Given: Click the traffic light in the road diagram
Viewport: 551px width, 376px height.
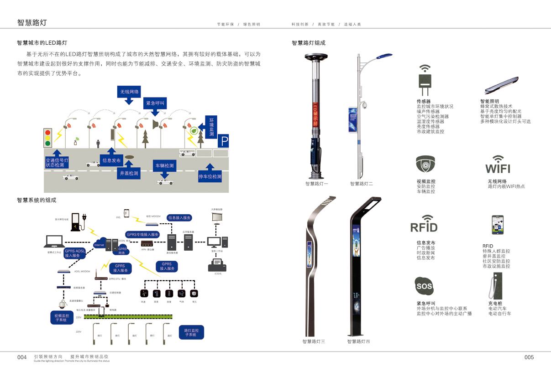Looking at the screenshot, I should (47, 137).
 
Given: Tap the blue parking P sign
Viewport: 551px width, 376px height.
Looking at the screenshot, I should (223, 141).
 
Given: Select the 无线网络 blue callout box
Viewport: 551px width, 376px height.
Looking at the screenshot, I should (130, 92).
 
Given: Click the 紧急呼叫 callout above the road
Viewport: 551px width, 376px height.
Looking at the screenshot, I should (155, 103).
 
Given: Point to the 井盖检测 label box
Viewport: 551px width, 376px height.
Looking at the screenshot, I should (129, 173).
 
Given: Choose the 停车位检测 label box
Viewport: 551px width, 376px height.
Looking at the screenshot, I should (210, 176).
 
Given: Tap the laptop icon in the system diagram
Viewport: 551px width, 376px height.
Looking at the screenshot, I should (54, 242).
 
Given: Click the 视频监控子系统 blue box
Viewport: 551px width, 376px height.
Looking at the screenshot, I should (62, 318).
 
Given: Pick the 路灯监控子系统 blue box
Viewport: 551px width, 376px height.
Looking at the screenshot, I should (191, 332).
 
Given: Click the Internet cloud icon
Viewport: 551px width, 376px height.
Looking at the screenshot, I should (99, 244).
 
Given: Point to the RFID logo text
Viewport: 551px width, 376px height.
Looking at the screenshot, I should (424, 227).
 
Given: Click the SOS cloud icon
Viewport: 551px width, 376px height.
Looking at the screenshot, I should (424, 287).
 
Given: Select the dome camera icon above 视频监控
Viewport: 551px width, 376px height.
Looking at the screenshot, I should (425, 164).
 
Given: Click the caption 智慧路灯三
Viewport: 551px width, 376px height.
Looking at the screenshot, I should (314, 341).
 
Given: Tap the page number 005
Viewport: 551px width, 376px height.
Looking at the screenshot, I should (529, 357).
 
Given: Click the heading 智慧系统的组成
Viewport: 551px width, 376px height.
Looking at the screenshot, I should (37, 200).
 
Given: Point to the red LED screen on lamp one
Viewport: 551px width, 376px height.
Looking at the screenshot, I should (315, 113).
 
